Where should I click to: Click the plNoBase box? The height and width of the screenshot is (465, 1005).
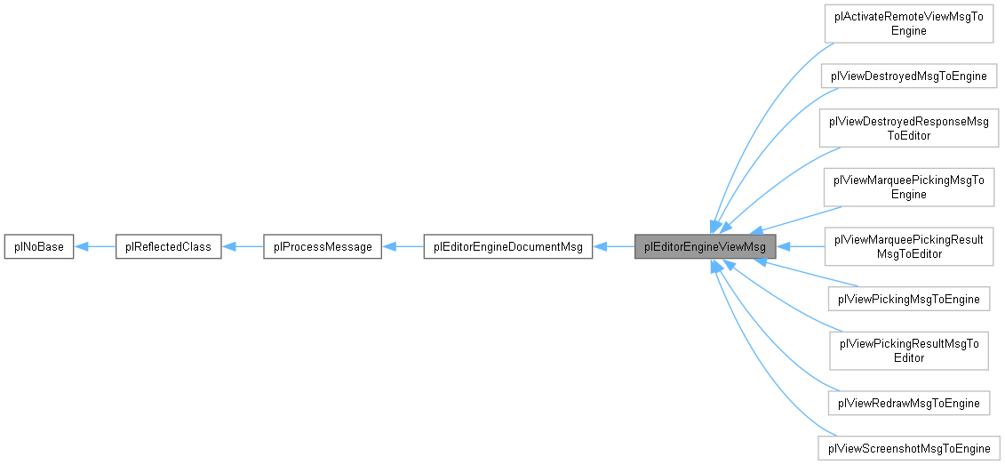(x=37, y=246)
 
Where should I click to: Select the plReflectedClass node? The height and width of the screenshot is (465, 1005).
(x=169, y=246)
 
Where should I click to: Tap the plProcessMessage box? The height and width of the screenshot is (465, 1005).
(x=323, y=246)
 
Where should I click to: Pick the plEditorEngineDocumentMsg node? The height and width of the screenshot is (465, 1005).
(x=507, y=246)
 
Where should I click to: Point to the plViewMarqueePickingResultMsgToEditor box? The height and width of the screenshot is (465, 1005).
(x=908, y=246)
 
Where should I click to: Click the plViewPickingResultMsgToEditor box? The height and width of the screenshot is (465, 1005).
(x=908, y=350)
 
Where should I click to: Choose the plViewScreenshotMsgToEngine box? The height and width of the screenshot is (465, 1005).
(x=908, y=446)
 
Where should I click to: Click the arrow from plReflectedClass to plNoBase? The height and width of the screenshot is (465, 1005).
(x=95, y=246)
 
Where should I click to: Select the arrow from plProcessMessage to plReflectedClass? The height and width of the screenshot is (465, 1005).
(x=243, y=246)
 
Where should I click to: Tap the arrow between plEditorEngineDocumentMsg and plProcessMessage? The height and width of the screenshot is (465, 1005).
(x=403, y=246)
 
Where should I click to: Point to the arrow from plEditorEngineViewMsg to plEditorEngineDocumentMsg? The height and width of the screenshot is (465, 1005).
(x=614, y=246)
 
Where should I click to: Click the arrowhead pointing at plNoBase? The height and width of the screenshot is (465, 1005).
(x=80, y=246)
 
